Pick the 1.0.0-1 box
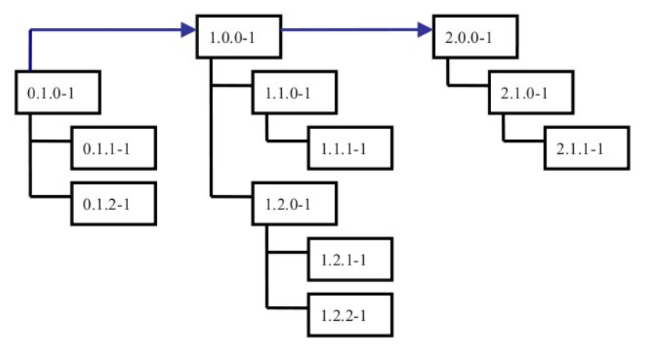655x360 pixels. [237, 36]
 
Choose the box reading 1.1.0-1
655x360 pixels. [294, 92]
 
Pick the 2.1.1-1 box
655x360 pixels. [587, 147]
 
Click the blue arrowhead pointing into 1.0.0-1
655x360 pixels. [187, 30]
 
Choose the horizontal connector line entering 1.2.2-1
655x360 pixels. [287, 306]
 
